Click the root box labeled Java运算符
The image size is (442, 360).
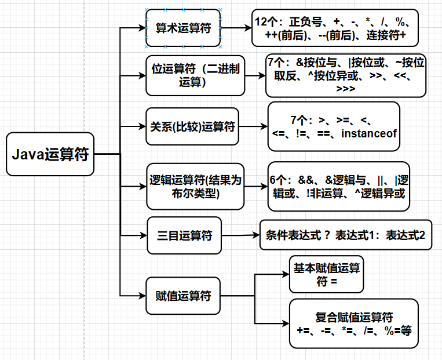[x=50, y=154]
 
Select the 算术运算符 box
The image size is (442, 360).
[x=183, y=27]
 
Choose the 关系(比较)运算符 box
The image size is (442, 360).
[x=192, y=126]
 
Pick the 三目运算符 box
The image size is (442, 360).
[x=184, y=235]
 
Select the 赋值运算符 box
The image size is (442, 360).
[x=184, y=296]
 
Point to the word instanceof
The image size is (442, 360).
[x=368, y=134]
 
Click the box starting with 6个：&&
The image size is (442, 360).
[x=339, y=186]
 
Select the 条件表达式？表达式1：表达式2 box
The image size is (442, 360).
[x=346, y=235]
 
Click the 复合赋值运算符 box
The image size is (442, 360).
[x=354, y=323]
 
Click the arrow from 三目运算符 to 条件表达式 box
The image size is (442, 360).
[x=240, y=235]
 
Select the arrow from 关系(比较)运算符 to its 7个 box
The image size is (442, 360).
[x=253, y=126]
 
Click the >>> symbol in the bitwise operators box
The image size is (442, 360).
[x=346, y=89]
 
